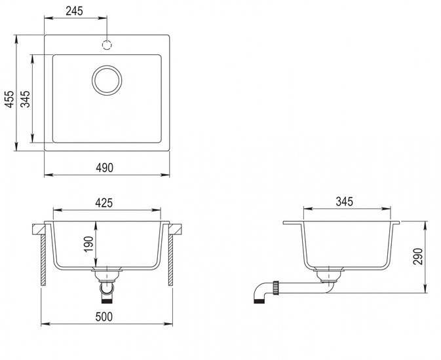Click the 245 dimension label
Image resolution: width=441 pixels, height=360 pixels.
click(75, 11)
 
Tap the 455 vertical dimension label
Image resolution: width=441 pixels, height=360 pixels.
click(9, 99)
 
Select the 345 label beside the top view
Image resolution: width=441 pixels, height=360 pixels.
click(26, 99)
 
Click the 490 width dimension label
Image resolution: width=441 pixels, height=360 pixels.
click(105, 168)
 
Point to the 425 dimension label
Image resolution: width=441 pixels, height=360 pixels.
click(104, 203)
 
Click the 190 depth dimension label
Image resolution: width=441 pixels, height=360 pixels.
click(88, 244)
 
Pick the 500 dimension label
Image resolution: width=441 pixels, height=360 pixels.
click(104, 317)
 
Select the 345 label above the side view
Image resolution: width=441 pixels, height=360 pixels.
click(344, 202)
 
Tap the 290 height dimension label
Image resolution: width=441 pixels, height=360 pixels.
click(418, 257)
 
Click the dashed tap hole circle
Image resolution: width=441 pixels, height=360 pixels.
click(107, 45)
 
